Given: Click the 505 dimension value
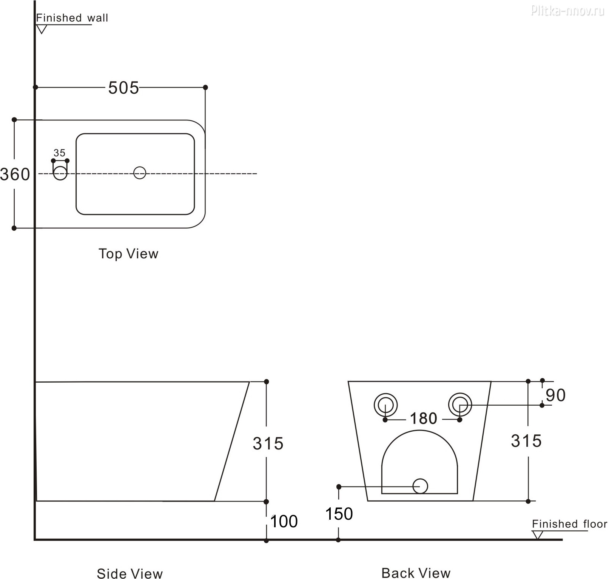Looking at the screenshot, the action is click(123, 88).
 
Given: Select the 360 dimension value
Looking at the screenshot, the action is click(15, 174).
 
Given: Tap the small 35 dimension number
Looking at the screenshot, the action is click(59, 153).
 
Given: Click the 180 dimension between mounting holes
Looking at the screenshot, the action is click(423, 418).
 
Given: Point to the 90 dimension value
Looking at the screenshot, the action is click(556, 395).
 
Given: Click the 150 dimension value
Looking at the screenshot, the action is click(339, 514).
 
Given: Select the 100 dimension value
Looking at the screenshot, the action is click(284, 522).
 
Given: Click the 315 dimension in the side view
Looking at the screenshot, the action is click(268, 444).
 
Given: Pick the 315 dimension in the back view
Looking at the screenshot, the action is click(526, 441).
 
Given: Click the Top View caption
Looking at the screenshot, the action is click(128, 254).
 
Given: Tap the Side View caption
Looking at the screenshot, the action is click(130, 573).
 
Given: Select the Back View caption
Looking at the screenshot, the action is click(416, 573).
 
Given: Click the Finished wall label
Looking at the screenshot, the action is click(72, 18).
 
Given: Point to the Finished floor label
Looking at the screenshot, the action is click(569, 524).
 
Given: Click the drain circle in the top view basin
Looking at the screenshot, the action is click(140, 173).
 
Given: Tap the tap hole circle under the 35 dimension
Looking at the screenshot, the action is click(60, 173).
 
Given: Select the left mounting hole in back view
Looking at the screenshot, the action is click(385, 405).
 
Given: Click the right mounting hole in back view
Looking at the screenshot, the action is click(460, 405).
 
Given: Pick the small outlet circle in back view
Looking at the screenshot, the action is click(420, 486).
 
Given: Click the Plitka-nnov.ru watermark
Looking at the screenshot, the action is click(567, 11).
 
